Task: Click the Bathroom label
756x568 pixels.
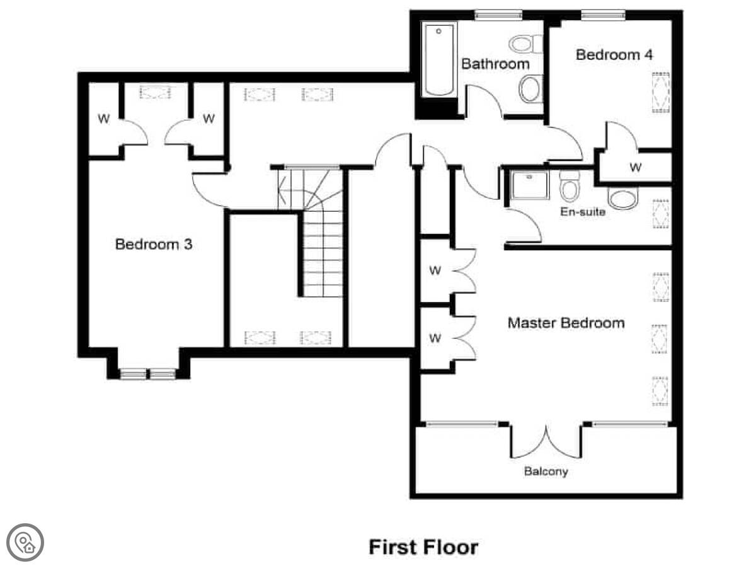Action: click(495, 64)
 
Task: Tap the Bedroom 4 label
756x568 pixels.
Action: click(614, 55)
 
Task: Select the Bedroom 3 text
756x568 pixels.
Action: click(154, 245)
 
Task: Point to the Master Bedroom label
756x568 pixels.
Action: click(566, 323)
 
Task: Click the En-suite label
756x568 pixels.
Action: click(583, 212)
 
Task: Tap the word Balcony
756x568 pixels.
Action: click(546, 472)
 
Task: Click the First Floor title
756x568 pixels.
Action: click(423, 547)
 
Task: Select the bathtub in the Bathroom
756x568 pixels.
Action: click(438, 59)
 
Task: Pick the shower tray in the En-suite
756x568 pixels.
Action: click(530, 185)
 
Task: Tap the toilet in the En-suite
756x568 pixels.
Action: click(570, 187)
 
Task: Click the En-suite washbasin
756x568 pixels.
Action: click(622, 198)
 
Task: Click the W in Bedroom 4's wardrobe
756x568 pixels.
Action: click(636, 168)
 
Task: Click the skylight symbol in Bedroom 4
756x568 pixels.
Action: click(661, 93)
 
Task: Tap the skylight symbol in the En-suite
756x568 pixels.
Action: click(661, 214)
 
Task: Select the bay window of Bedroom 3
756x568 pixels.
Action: click(148, 374)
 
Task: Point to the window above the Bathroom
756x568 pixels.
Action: click(498, 15)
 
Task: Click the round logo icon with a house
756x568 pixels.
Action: click(25, 542)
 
